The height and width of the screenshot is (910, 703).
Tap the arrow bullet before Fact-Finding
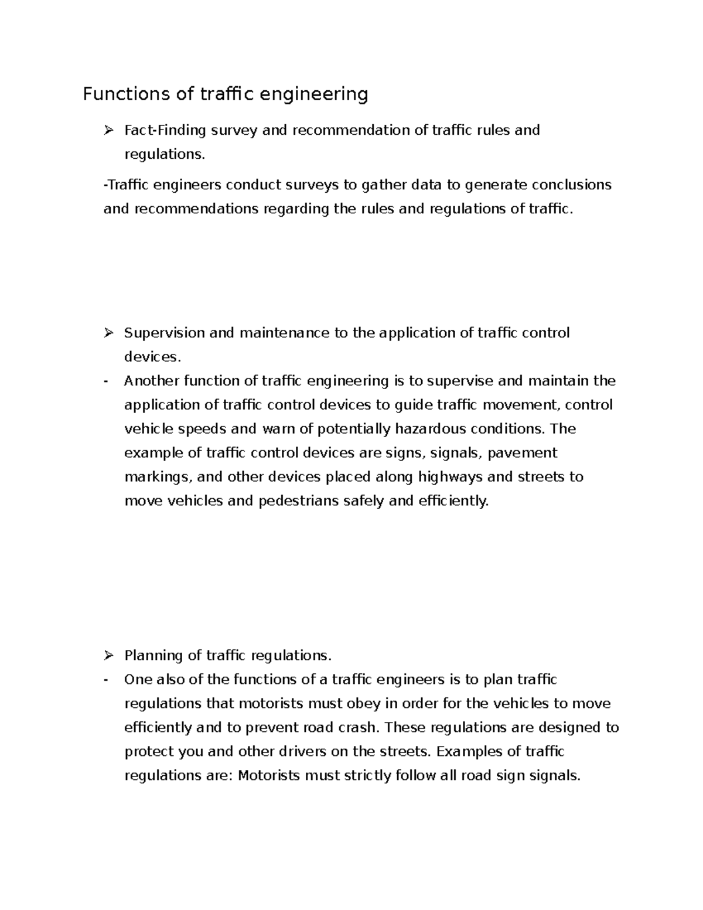click(x=108, y=130)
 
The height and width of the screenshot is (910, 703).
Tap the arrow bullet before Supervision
click(x=108, y=333)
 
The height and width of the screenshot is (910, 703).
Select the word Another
click(x=152, y=381)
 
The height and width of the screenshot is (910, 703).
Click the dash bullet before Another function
click(x=105, y=381)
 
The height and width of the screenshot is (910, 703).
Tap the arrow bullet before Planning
click(x=108, y=655)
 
